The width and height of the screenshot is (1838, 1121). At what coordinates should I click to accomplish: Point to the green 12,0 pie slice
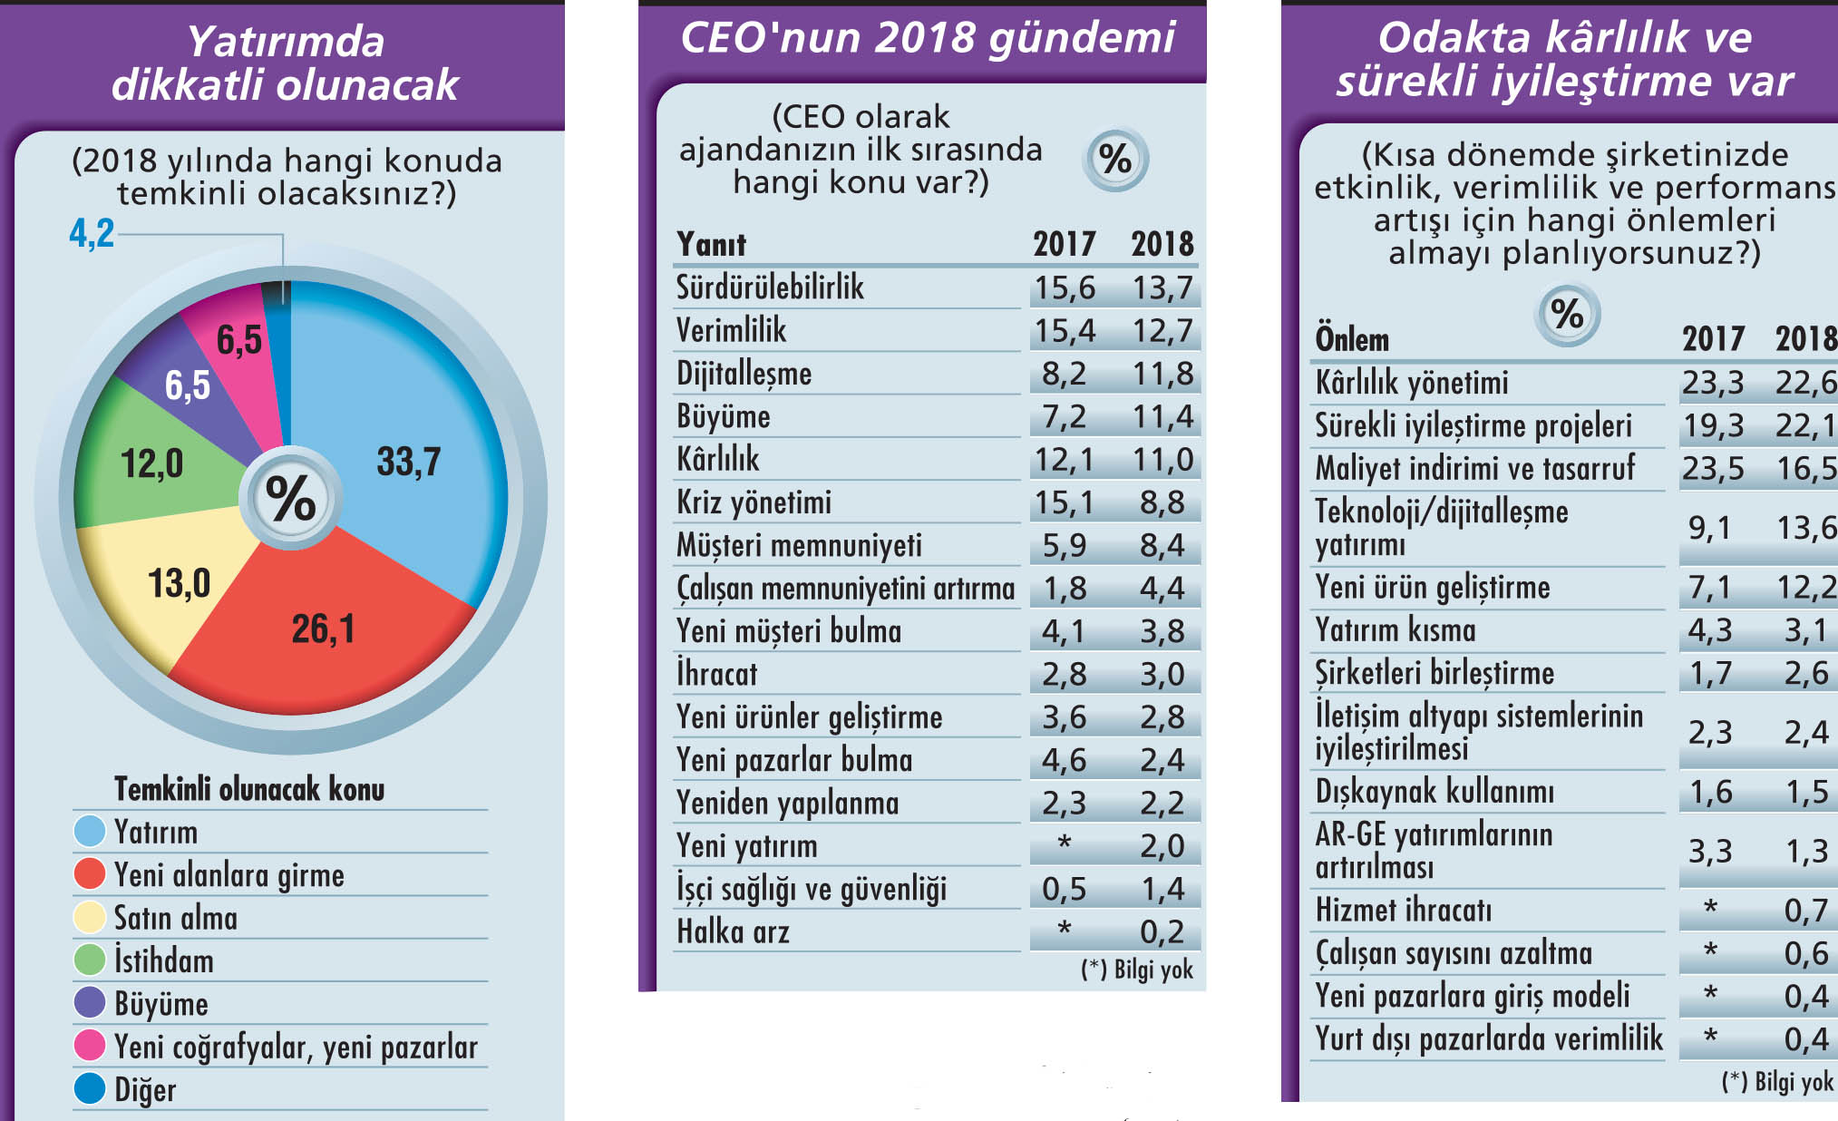pyautogui.click(x=151, y=463)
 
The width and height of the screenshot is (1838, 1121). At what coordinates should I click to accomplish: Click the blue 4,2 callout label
pyautogui.click(x=92, y=233)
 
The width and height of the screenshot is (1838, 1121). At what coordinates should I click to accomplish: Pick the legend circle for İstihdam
pyautogui.click(x=90, y=960)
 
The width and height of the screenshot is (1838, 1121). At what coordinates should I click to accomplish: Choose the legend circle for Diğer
pyautogui.click(x=90, y=1089)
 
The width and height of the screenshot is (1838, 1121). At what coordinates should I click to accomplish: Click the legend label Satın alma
pyautogui.click(x=175, y=918)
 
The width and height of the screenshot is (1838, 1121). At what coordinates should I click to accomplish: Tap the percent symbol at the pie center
pyautogui.click(x=290, y=498)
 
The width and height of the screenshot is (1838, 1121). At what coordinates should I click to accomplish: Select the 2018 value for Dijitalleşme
pyautogui.click(x=1162, y=374)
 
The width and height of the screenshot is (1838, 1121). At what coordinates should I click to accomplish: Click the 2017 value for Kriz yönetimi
pyautogui.click(x=1065, y=502)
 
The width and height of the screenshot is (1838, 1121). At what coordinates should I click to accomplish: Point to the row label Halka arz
pyautogui.click(x=733, y=931)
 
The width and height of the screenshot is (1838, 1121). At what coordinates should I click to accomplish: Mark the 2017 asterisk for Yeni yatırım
pyautogui.click(x=1065, y=844)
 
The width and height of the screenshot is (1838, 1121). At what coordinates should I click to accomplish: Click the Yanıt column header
pyautogui.click(x=711, y=244)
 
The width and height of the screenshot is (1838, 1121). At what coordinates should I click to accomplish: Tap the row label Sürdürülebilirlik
pyautogui.click(x=770, y=288)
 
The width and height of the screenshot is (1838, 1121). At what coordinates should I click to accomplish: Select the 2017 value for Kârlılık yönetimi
pyautogui.click(x=1712, y=383)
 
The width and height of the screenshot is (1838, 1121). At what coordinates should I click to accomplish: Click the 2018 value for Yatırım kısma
pyautogui.click(x=1805, y=629)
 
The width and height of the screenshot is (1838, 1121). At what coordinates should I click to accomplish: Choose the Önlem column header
pyautogui.click(x=1352, y=339)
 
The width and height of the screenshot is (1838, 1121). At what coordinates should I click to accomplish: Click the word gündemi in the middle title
pyautogui.click(x=1081, y=38)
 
